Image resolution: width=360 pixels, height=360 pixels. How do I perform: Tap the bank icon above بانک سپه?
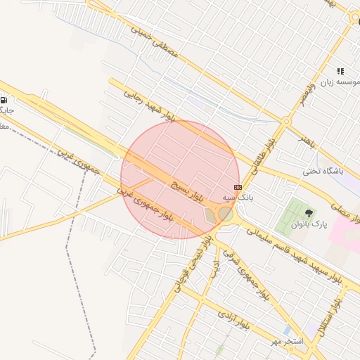click(x=238, y=187)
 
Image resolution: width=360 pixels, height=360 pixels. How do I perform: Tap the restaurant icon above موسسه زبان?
click(x=340, y=71)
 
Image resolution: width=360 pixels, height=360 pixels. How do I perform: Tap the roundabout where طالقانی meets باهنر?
click(x=285, y=122)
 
